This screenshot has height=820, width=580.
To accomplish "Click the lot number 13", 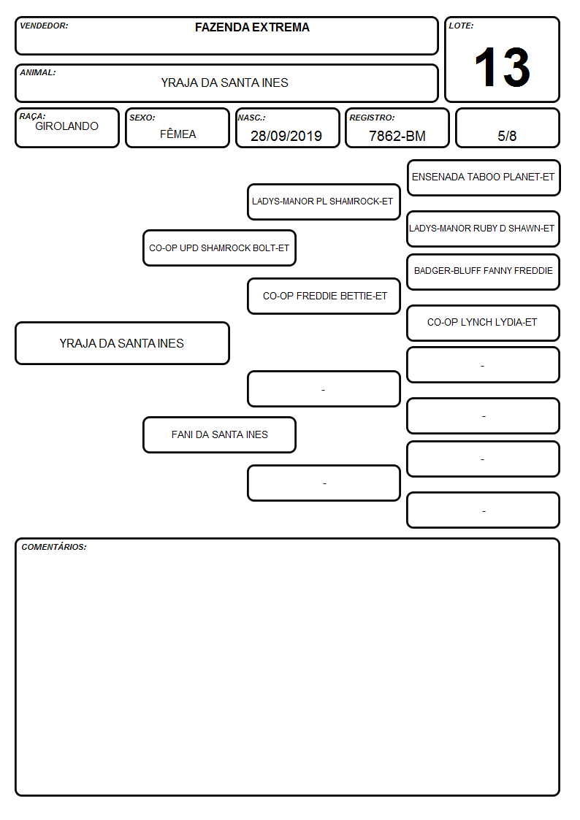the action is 502,67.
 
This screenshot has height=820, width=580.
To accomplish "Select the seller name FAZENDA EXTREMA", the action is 252,27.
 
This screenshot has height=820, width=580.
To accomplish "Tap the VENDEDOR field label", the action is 44,26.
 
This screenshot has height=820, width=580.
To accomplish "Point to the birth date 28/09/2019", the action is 286,136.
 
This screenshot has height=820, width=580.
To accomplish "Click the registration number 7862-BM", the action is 397,136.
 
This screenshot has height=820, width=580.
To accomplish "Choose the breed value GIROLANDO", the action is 66,126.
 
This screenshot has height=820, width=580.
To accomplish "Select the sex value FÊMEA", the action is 178,134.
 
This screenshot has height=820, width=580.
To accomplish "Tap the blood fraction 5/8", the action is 507,136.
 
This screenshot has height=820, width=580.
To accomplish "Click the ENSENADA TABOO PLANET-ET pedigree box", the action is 484,178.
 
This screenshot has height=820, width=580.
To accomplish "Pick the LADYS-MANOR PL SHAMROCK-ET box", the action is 324,202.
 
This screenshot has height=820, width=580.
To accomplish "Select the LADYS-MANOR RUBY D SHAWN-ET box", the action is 484,229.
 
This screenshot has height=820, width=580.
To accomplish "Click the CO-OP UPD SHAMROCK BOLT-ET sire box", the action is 219,248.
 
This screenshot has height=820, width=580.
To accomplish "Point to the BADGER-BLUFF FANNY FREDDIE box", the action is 484,272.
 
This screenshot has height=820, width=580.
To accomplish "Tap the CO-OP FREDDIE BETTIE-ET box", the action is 324,296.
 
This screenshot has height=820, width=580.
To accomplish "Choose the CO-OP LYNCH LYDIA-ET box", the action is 484,323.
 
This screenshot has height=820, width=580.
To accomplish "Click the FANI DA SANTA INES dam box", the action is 219,434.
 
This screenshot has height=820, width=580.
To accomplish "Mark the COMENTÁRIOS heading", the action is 54,547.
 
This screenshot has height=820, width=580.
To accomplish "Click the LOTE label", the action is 461,26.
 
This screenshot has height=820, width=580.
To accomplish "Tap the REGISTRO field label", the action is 372,118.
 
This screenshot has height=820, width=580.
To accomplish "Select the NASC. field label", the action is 251,118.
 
